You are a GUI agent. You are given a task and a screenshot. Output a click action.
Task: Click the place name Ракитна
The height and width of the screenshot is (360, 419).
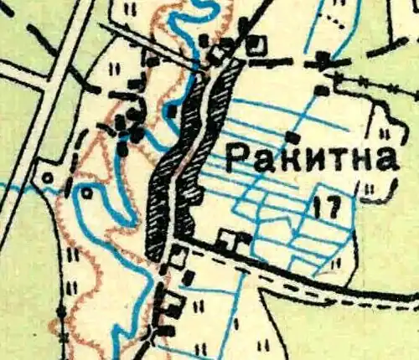[x=312, y=158]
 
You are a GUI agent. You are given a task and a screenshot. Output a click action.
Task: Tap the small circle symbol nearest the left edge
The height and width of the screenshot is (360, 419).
[x=48, y=177]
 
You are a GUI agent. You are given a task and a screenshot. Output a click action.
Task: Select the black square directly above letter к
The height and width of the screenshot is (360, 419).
[x=292, y=136]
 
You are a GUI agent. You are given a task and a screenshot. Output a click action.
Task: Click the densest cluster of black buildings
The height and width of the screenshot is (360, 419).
[x=130, y=126]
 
